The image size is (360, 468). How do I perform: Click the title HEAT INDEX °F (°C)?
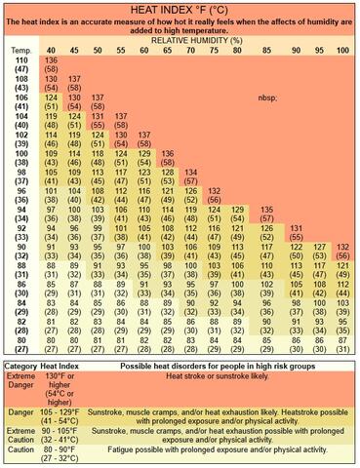click(180, 8)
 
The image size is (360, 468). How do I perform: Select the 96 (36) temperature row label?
click(21, 220)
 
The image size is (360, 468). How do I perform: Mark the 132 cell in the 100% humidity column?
click(341, 248)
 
